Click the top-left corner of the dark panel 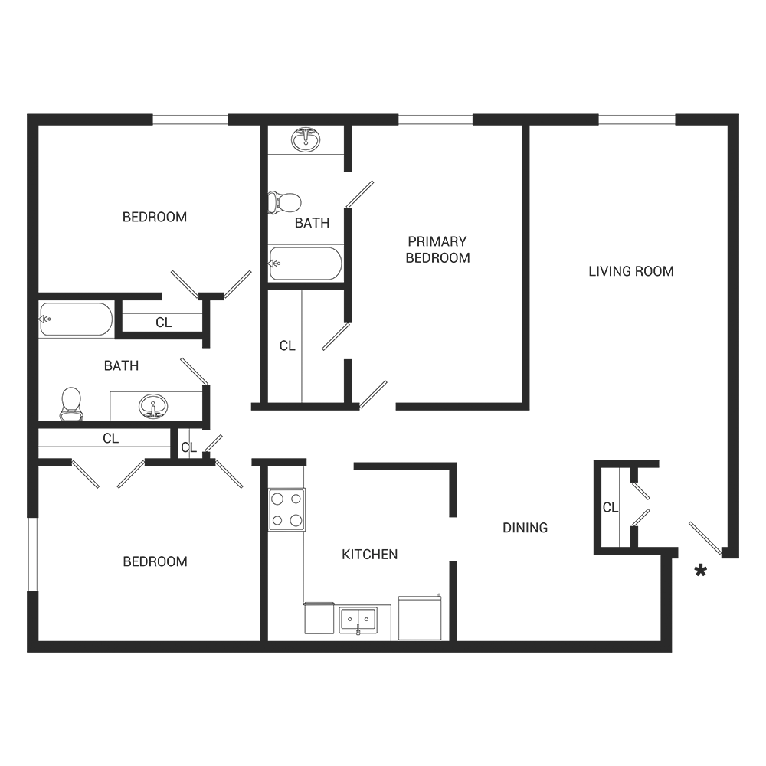tap(28, 114)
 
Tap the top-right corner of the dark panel tap(738, 114)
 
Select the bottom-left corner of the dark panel tap(28, 651)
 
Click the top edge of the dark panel tap(383, 114)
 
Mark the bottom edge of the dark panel tap(383, 651)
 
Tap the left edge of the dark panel tap(28, 383)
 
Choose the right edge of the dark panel tap(738, 383)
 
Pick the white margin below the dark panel tap(383, 709)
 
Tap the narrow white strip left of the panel tap(13, 383)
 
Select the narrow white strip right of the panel tap(752, 383)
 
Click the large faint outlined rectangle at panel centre tap(437, 322)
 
